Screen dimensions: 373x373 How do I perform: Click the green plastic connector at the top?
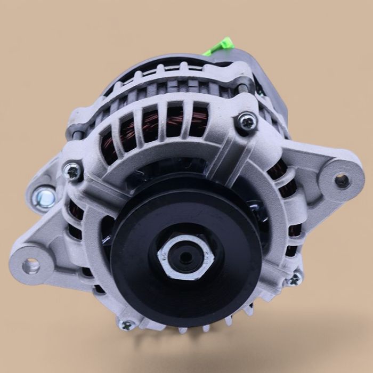pyautogui.click(x=217, y=47)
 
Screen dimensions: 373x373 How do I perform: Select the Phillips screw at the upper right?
pyautogui.click(x=246, y=122)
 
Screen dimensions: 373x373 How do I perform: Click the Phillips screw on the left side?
pyautogui.click(x=72, y=170)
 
